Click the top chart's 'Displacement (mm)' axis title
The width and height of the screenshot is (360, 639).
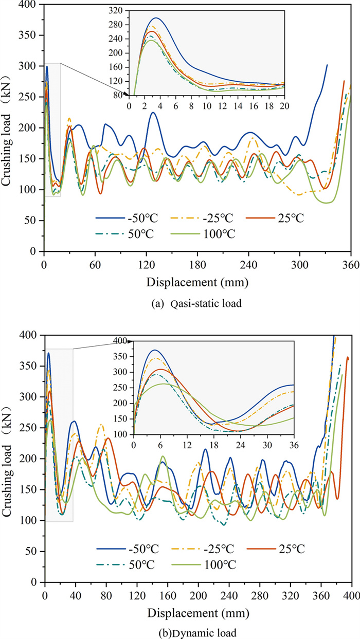197,282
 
